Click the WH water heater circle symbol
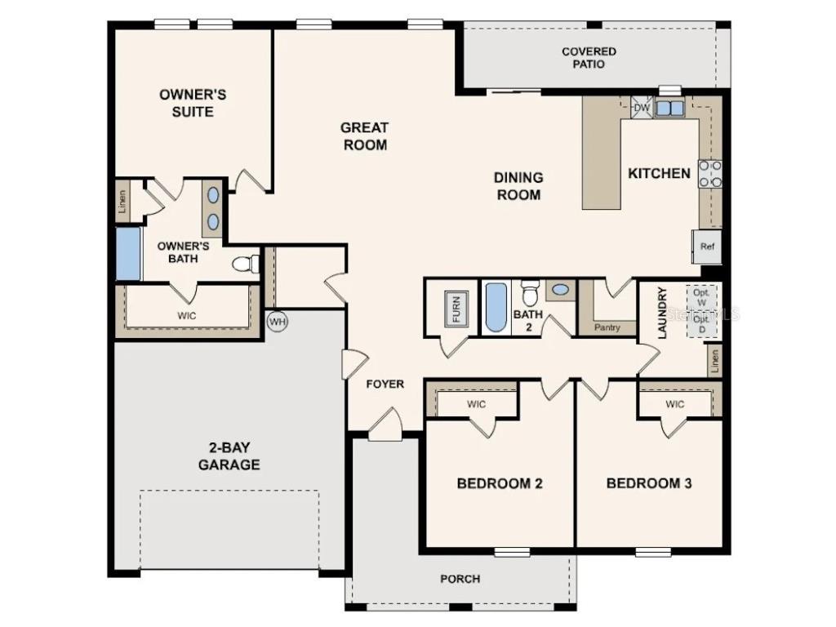point(278,321)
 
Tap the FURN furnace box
point(456,309)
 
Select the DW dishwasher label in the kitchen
point(641,108)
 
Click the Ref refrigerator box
point(707,246)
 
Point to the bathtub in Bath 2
point(496,308)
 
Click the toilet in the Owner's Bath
point(245,264)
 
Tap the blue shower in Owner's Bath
point(128,254)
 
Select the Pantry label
point(607,327)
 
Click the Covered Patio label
point(589,58)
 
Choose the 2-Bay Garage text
point(232,456)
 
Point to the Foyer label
point(385,384)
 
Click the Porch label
point(460,579)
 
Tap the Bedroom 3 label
point(649,483)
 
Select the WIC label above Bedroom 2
point(477,404)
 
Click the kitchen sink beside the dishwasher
point(670,108)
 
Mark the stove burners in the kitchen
point(710,174)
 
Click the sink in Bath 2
point(560,289)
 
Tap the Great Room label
point(364,136)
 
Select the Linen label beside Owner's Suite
point(122,200)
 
